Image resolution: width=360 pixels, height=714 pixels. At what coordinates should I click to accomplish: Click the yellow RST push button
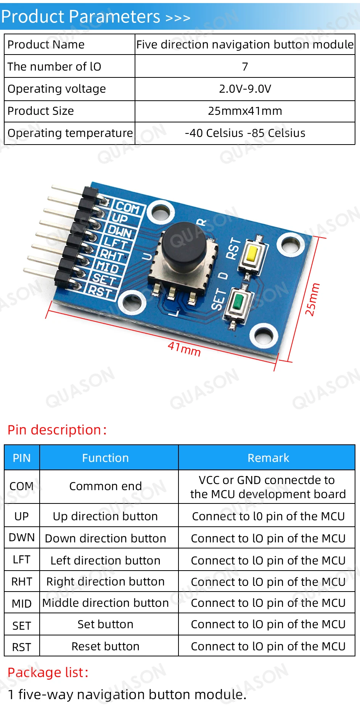(252, 254)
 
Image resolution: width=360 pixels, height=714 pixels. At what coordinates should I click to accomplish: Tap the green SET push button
(238, 302)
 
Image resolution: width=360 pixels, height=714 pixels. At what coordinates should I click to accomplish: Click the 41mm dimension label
(184, 349)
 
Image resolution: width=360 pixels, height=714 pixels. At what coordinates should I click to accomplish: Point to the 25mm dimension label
(312, 299)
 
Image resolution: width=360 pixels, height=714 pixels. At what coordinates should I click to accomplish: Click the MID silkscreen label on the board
(107, 267)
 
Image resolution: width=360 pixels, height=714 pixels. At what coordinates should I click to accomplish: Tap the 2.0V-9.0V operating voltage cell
(245, 89)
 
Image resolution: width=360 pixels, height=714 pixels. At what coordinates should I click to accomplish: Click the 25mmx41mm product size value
(245, 111)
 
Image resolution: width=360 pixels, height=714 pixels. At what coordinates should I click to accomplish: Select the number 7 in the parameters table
(245, 67)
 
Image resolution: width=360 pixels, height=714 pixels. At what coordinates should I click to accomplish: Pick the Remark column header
(268, 458)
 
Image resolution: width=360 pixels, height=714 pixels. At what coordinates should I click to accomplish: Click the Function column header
(105, 458)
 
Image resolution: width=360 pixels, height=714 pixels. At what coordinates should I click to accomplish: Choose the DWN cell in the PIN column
(22, 537)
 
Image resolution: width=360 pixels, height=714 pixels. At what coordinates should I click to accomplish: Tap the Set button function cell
(105, 624)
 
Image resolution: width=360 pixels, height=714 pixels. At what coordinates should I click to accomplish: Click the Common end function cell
(105, 486)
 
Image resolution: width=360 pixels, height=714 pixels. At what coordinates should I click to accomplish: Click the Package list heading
(48, 672)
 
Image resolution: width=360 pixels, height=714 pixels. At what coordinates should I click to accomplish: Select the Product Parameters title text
(80, 17)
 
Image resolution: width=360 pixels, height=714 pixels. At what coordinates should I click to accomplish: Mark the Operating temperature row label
(70, 133)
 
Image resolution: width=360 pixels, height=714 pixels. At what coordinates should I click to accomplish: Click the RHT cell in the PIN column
(22, 582)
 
